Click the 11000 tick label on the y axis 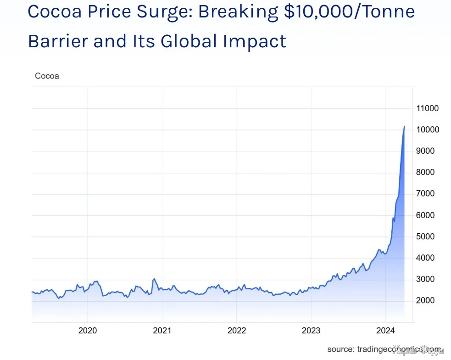click(428, 109)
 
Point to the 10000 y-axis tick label click(428, 130)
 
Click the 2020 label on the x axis click(87, 330)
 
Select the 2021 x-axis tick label click(162, 330)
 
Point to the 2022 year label click(237, 330)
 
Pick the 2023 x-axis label click(311, 330)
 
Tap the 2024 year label click(385, 330)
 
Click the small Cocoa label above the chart click(47, 76)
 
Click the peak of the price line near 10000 click(404, 126)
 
